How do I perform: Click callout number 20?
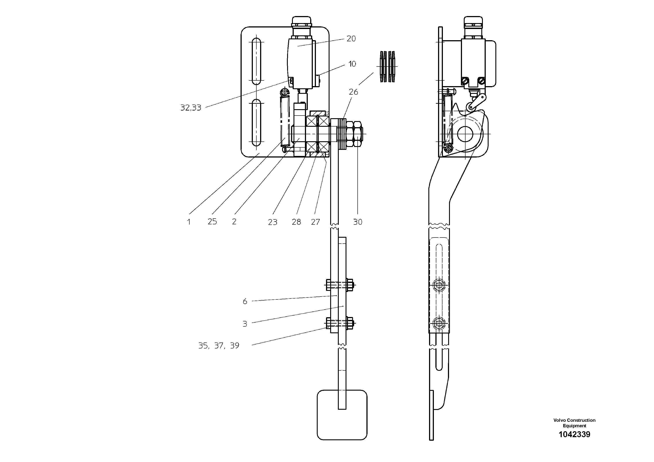click(351, 39)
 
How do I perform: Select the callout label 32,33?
click(190, 108)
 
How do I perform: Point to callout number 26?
click(353, 92)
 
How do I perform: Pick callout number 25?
click(212, 222)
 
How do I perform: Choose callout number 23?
click(272, 222)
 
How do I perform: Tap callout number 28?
click(296, 222)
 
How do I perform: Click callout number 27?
click(315, 222)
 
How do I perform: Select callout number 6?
click(245, 302)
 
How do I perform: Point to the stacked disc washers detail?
click(388, 67)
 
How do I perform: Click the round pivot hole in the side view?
click(465, 134)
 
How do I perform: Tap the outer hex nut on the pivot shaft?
click(358, 134)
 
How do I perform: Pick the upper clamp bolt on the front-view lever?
click(340, 284)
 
